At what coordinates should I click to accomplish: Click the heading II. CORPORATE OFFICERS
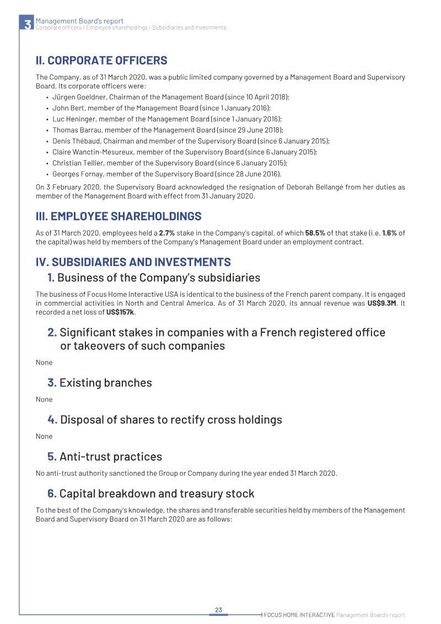(x=101, y=61)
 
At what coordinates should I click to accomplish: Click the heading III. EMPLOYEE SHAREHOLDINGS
(x=119, y=216)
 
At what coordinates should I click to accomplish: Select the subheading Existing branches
(x=105, y=383)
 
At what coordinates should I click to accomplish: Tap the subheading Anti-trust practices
(x=110, y=457)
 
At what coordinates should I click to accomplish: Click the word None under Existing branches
(x=44, y=399)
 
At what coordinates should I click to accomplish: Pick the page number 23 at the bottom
(x=218, y=610)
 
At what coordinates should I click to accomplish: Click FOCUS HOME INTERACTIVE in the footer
(x=299, y=615)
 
